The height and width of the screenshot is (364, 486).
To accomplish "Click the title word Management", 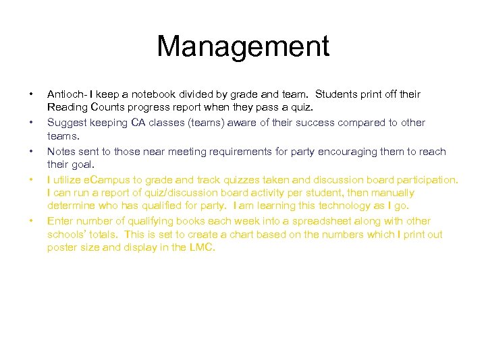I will (243, 47).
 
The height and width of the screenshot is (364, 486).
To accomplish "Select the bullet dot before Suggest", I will (32, 123).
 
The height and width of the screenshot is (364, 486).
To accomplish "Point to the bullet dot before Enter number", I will (32, 221).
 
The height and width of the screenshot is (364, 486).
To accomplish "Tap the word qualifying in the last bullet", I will (138, 221).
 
